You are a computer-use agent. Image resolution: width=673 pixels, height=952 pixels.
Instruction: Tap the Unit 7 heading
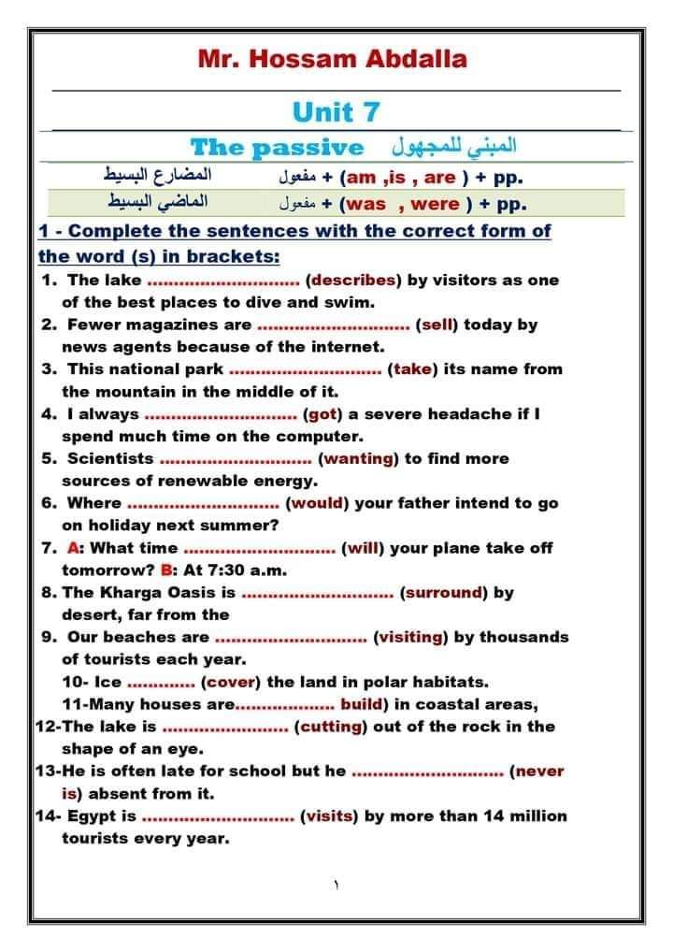coord(336,112)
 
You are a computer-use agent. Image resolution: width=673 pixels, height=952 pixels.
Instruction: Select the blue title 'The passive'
coord(277,147)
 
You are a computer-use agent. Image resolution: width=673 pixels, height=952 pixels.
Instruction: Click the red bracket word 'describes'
coord(352,280)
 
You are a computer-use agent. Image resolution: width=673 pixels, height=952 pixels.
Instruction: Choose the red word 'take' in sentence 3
coord(412,369)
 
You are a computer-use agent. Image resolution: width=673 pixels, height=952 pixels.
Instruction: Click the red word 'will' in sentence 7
coord(362,548)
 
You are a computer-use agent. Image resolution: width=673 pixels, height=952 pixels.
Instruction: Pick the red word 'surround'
coord(443,592)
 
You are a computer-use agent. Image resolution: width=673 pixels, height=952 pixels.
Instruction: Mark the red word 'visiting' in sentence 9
coord(410,637)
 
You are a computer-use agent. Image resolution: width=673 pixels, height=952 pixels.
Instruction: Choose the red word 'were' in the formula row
coord(435,204)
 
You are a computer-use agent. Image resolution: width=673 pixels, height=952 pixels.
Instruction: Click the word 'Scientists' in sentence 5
coord(109,458)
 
